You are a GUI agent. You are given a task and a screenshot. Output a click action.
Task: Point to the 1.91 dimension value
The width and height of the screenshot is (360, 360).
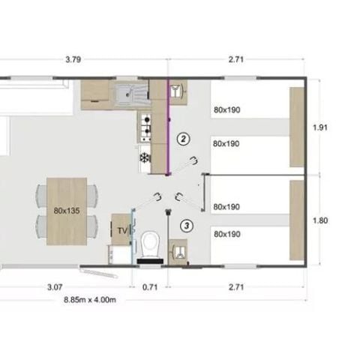[x=320, y=127]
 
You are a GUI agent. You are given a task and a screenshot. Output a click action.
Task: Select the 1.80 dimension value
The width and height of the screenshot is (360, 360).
[x=320, y=220]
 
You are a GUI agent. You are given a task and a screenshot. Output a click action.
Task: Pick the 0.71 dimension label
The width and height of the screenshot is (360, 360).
[x=151, y=286]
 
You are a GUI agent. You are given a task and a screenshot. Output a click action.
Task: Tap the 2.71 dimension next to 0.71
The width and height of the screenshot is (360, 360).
[x=236, y=286]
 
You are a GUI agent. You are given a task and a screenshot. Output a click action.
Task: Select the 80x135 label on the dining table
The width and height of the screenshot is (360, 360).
[x=67, y=211]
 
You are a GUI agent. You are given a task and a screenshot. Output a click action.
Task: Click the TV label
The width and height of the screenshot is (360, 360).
[x=120, y=231]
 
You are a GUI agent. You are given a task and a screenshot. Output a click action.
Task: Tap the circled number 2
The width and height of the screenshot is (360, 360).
[x=181, y=138]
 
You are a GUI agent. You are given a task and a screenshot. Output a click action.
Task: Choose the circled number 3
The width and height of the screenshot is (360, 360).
[x=186, y=224]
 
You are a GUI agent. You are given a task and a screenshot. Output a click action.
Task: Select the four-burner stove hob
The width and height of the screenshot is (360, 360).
[x=144, y=126]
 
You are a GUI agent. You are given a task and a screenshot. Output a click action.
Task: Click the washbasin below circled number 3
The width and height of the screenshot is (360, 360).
[x=179, y=249]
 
